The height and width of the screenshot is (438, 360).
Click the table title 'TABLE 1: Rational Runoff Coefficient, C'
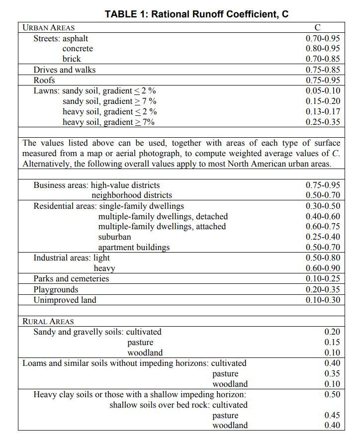196,14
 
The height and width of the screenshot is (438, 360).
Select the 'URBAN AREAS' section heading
49,27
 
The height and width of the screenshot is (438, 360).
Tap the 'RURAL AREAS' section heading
48,321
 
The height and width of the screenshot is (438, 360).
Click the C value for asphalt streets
323,38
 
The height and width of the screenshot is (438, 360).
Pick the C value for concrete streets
323,48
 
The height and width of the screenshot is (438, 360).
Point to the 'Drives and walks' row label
64,70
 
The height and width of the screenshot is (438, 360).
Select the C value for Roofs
323,80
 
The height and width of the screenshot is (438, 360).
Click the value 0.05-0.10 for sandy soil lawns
323,90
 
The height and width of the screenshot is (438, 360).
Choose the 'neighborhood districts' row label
132,195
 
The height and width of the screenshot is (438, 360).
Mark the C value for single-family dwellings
323,206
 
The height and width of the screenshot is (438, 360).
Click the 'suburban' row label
115,237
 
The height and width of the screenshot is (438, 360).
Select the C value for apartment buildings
323,247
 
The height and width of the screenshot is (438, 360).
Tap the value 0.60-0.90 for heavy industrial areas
323,268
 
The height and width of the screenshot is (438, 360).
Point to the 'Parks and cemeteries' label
71,278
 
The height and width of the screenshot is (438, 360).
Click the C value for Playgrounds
323,289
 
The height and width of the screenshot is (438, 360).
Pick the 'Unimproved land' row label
65,300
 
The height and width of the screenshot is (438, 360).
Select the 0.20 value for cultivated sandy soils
332,332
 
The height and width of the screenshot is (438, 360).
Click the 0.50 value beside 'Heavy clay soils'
332,394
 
